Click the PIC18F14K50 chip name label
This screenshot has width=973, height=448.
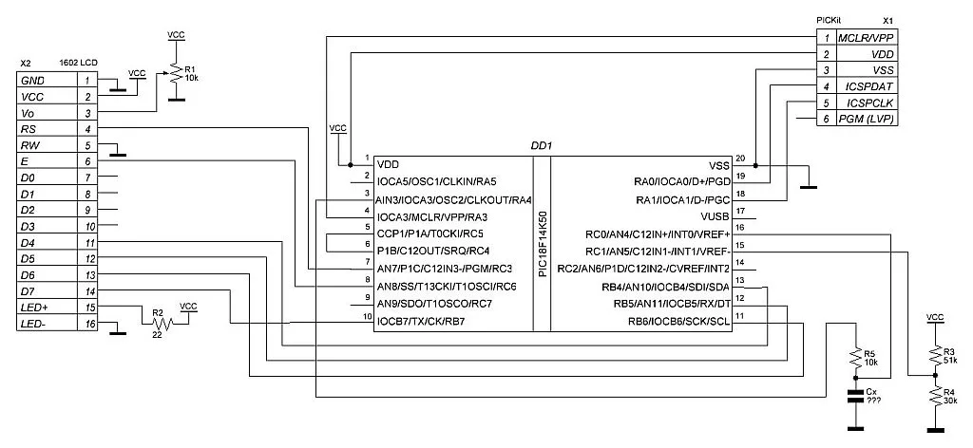point(543,244)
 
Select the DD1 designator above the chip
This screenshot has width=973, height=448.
point(542,146)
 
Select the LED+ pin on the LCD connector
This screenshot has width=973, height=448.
point(34,308)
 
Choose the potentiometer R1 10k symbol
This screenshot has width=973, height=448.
point(175,75)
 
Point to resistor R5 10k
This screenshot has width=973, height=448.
point(858,359)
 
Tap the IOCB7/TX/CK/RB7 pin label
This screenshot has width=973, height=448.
point(421,321)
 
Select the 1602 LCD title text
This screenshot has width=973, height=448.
point(80,64)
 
